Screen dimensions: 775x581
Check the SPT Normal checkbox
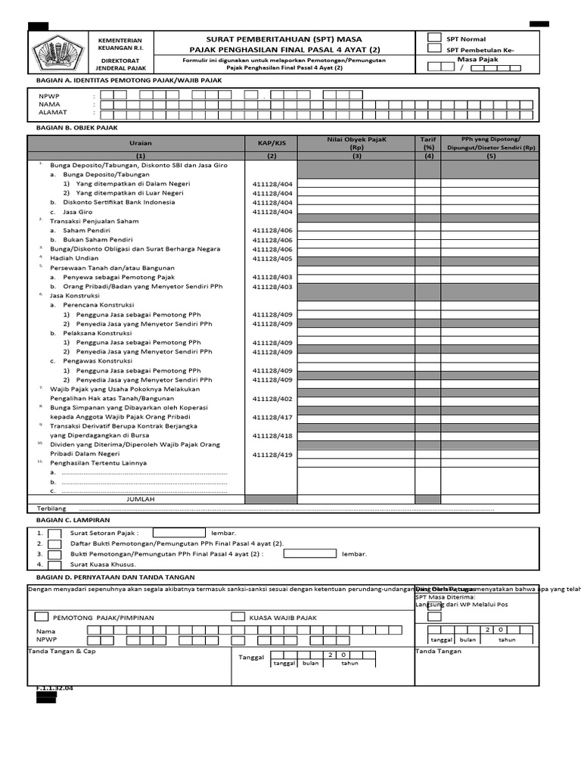[x=435, y=37]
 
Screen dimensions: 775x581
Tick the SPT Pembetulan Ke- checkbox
[x=435, y=48]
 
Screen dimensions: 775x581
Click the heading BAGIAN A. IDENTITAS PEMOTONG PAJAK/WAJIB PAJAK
[x=129, y=79]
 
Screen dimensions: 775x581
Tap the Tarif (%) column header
[x=428, y=143]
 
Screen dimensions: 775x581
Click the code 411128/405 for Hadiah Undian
[x=272, y=258]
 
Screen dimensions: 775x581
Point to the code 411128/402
[x=272, y=398]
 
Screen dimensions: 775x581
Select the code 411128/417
[x=272, y=417]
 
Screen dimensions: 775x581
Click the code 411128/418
[x=272, y=435]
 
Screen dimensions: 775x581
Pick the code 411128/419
[x=272, y=454]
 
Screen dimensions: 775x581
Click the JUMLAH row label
[x=140, y=500]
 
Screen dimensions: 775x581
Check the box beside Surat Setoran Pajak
[x=55, y=533]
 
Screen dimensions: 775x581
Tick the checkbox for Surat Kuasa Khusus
[x=55, y=564]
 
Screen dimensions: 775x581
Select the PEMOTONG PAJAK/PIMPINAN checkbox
[x=42, y=617]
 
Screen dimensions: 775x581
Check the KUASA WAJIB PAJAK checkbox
[x=238, y=617]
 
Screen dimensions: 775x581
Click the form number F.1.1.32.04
[x=54, y=688]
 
